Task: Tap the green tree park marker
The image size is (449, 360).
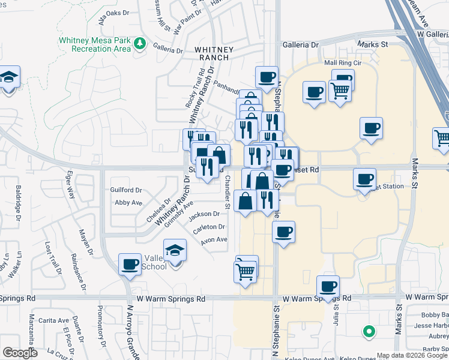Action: coord(140,43)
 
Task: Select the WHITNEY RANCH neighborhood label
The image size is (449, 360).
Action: coord(212,53)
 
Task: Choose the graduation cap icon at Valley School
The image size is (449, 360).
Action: coord(175,250)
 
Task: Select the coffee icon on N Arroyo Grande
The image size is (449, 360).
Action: coord(130,264)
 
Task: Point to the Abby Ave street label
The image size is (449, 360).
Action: coord(128,203)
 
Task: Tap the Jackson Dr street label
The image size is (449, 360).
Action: coord(204,214)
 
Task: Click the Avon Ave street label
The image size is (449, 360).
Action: coord(214,240)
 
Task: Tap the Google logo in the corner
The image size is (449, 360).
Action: coord(20,353)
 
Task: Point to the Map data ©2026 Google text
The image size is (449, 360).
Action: coord(411,355)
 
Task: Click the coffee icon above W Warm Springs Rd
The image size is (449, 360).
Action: coord(328,286)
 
